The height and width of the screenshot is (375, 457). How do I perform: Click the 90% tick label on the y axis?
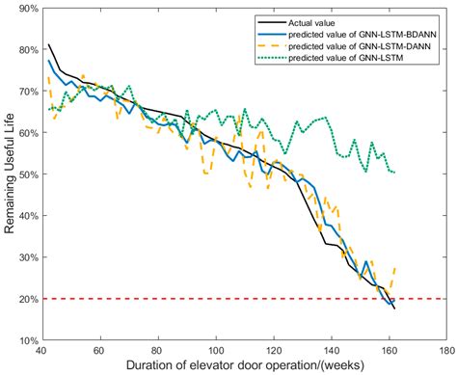tap(21, 9)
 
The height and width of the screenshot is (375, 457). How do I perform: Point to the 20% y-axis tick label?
tap(21, 299)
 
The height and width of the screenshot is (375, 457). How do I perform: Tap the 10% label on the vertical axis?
tap(21, 340)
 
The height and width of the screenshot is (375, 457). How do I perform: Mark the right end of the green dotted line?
tap(395, 173)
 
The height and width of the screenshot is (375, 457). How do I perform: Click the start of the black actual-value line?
tap(48, 44)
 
